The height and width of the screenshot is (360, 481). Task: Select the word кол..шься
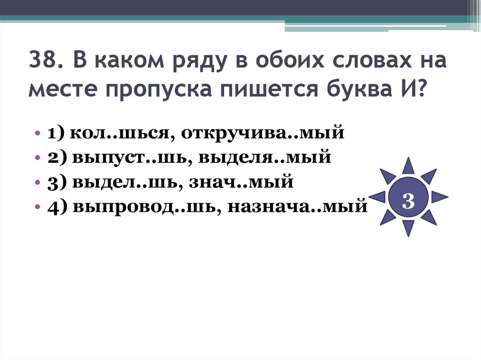(x=120, y=133)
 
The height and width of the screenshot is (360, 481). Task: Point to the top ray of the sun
(x=408, y=166)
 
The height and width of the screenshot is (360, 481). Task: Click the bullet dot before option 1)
(x=37, y=134)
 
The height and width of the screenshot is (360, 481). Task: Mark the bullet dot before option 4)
(x=37, y=206)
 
